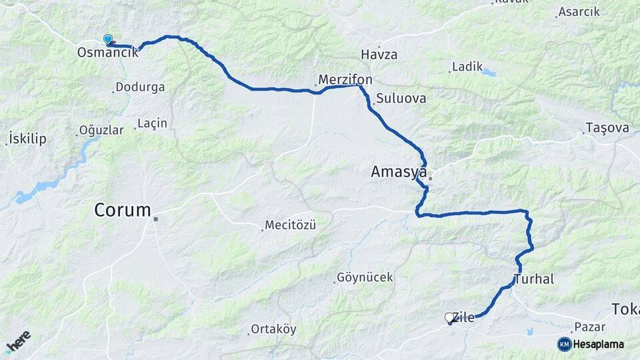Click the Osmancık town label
(x=107, y=52)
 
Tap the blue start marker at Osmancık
(x=108, y=40)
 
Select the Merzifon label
(x=345, y=80)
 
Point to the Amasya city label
(x=399, y=173)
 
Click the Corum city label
(x=123, y=211)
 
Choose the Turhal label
(x=534, y=279)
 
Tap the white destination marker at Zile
(x=449, y=318)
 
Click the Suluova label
(x=401, y=99)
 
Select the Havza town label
(x=379, y=55)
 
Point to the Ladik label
(x=467, y=67)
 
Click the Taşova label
(x=607, y=127)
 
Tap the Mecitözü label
(x=290, y=225)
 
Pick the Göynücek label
(x=365, y=277)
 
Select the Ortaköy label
(x=273, y=329)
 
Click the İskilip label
(x=27, y=139)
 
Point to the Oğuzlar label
(x=101, y=130)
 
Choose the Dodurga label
(x=140, y=87)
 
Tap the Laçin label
(x=152, y=123)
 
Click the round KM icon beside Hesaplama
(x=564, y=344)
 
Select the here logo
(x=19, y=341)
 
